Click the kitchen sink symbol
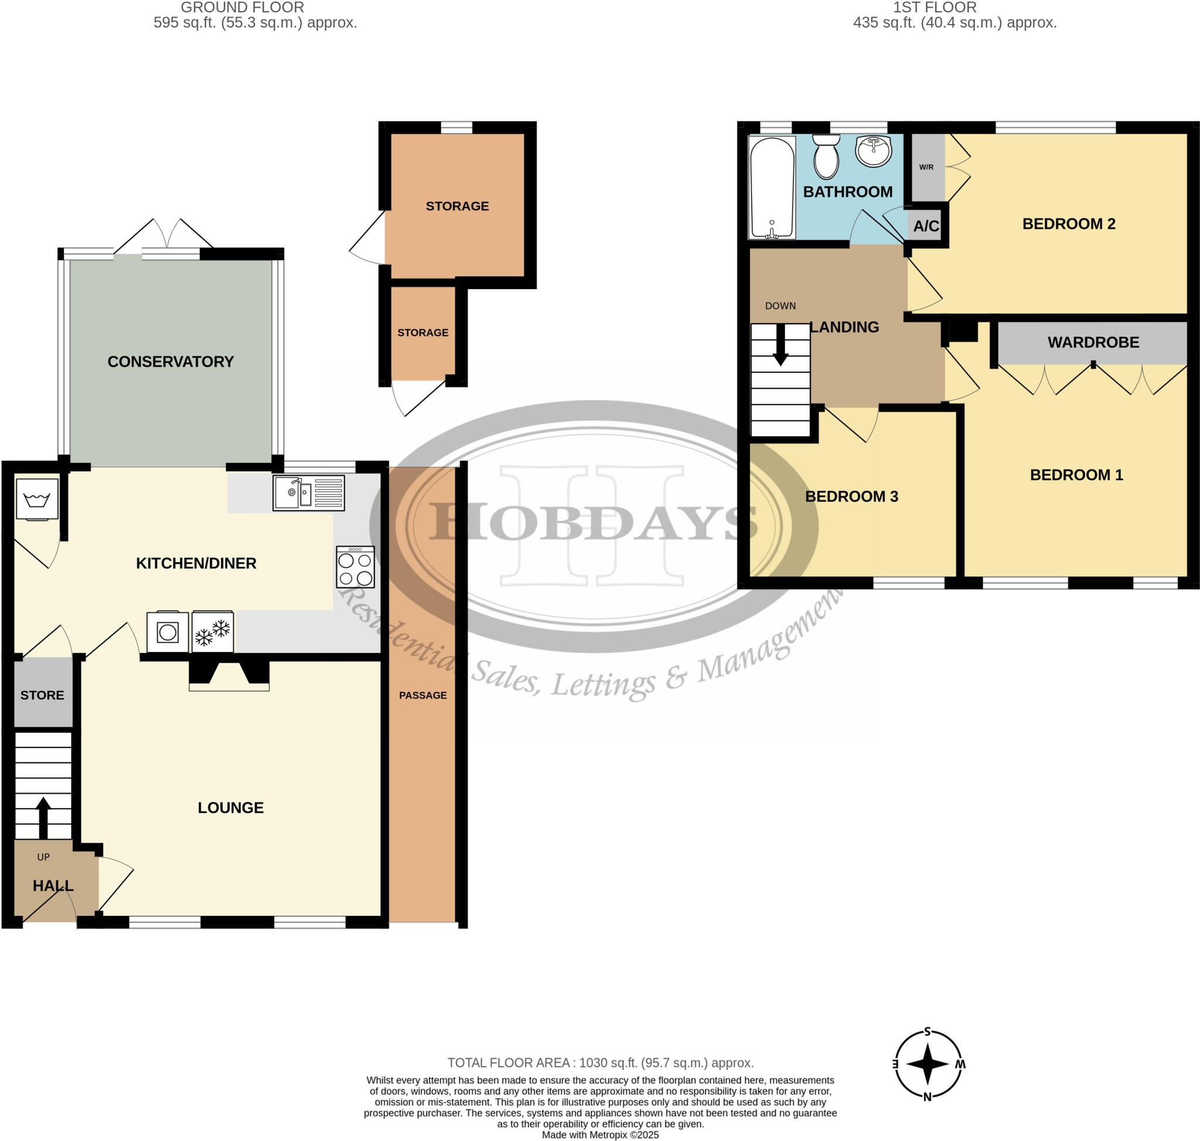tap(308, 493)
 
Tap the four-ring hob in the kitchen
tap(355, 567)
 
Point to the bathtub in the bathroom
tap(772, 187)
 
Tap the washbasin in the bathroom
tap(873, 150)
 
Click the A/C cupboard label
tap(926, 226)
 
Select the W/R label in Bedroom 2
tap(926, 167)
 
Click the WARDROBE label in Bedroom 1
tap(1092, 342)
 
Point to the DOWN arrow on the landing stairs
tap(780, 345)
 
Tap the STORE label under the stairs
tap(42, 695)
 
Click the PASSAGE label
tap(422, 695)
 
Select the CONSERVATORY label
tap(170, 362)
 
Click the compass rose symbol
tap(927, 1064)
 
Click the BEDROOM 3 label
tap(851, 496)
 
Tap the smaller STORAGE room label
tap(422, 332)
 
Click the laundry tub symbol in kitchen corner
tap(37, 500)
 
